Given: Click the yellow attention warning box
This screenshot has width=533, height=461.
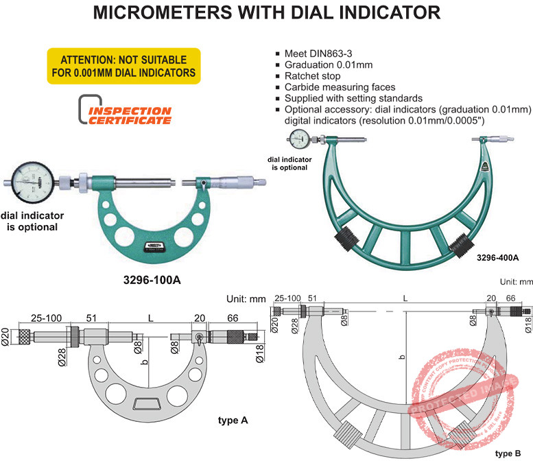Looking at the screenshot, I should [x=123, y=66].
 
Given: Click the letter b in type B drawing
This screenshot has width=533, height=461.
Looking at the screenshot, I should [x=402, y=357].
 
